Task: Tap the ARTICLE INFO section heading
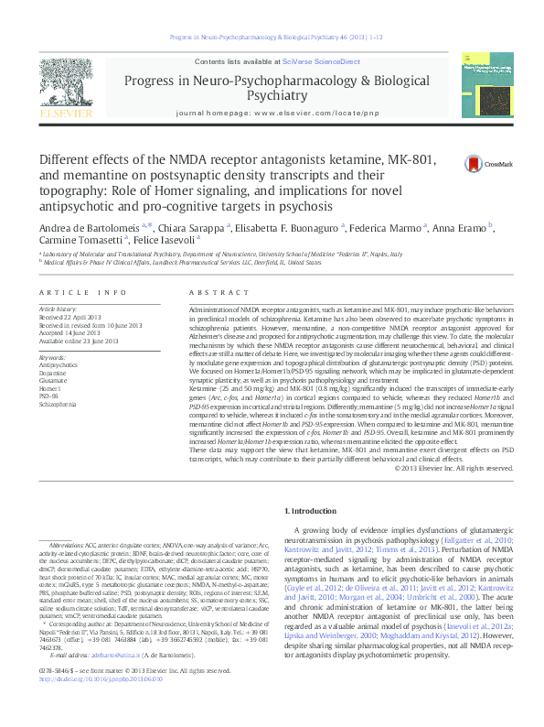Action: [82, 292]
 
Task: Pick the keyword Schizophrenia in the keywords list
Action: [59, 403]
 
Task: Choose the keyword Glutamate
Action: [53, 380]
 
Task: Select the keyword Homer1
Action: [51, 387]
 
